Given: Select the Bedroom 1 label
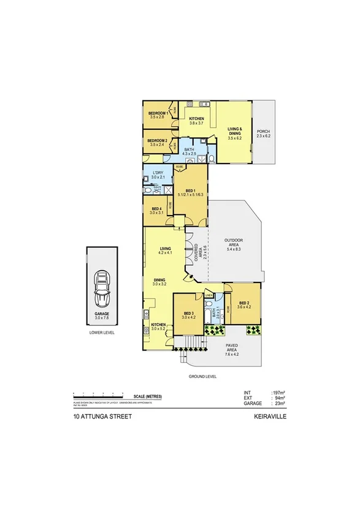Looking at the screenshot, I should (x=157, y=115).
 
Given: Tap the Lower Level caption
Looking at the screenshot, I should (x=101, y=332).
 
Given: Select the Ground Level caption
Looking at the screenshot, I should (x=203, y=376).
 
